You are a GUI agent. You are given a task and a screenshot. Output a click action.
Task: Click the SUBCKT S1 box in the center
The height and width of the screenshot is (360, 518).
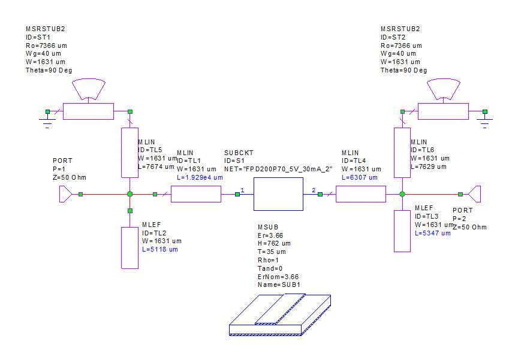278,194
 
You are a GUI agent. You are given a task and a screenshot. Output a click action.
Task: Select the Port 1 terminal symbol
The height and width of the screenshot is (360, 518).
65,194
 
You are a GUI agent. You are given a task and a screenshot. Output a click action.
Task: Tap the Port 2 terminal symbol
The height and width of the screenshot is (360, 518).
475,194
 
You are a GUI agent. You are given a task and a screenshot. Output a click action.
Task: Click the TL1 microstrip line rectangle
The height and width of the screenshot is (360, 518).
196,194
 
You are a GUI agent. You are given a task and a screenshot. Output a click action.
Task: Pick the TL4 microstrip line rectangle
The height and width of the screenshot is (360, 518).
360,194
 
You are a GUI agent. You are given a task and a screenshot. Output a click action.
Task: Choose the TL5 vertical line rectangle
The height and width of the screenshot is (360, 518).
129,152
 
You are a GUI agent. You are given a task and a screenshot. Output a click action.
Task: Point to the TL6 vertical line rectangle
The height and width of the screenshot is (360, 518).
402,152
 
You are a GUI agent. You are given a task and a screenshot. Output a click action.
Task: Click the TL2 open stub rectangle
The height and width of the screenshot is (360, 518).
129,247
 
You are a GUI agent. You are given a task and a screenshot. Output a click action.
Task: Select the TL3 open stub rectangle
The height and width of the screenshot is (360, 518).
402,231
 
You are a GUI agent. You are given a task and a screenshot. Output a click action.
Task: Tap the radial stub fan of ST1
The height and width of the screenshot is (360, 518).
88,90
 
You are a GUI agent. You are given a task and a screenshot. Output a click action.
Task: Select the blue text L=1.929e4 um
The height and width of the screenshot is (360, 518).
200,178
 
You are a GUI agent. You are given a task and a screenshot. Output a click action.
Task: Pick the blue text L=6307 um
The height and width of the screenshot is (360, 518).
360,178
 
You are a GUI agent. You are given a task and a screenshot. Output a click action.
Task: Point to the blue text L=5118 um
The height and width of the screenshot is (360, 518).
160,249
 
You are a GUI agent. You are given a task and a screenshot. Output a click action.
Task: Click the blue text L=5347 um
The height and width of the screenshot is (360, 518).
433,233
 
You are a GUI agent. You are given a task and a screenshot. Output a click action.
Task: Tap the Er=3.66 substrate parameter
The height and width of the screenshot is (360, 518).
270,235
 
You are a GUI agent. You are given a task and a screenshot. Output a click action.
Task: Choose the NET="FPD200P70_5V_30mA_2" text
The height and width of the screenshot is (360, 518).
278,170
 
